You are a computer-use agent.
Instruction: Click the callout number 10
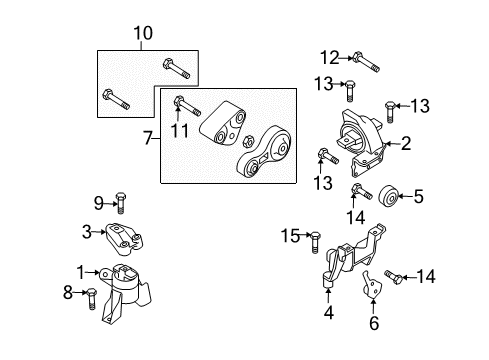coord(143,33)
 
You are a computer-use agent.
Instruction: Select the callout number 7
coord(148,138)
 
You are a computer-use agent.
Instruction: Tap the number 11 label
coord(180,130)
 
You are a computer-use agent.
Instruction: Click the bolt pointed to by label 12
coord(366,62)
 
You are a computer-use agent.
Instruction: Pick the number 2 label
coord(406,144)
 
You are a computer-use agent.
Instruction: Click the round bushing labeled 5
coord(388,196)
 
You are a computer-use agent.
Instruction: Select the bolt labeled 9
coord(120,203)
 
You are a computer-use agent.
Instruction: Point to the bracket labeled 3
coord(125,239)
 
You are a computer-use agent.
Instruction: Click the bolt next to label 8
coord(91,299)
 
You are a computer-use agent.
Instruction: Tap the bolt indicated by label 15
coord(315,242)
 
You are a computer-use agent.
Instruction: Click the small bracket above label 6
coord(372,284)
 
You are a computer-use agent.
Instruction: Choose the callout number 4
coord(328,313)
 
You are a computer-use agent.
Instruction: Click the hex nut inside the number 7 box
coord(248,141)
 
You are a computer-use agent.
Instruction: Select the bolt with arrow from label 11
coord(187,106)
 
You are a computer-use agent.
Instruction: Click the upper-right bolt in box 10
coord(176,68)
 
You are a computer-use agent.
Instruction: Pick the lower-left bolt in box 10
coord(116,99)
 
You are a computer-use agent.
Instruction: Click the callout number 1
coord(81,272)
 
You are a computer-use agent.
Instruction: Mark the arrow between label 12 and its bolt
coord(346,58)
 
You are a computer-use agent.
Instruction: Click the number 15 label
coord(290,236)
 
